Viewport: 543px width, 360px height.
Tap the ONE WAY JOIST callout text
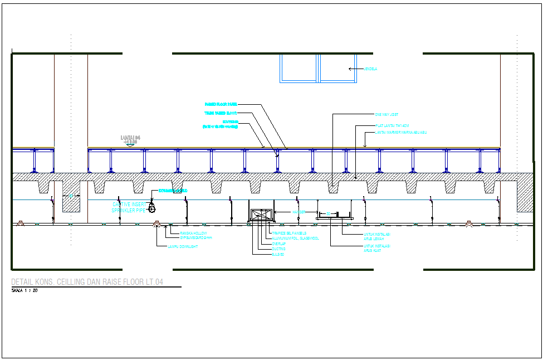(x=387, y=115)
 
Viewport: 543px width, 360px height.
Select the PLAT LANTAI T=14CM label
(x=392, y=126)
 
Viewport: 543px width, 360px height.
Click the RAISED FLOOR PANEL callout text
(x=221, y=104)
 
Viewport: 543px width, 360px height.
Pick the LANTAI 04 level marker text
(x=130, y=138)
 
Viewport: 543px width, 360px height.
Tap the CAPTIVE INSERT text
(x=129, y=205)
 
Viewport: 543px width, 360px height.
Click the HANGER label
(x=299, y=212)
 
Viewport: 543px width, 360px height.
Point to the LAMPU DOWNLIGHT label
(x=183, y=246)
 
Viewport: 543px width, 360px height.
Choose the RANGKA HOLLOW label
(x=193, y=233)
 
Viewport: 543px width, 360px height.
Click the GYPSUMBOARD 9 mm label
(x=196, y=238)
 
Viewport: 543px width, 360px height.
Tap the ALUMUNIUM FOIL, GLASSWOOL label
(x=296, y=238)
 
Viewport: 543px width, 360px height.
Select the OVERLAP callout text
(x=278, y=244)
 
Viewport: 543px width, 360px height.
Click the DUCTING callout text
(x=278, y=249)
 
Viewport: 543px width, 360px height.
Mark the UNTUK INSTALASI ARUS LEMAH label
(x=377, y=236)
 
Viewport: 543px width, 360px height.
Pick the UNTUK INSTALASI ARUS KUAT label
(x=377, y=247)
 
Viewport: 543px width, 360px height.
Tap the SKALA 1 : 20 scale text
(x=25, y=291)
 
